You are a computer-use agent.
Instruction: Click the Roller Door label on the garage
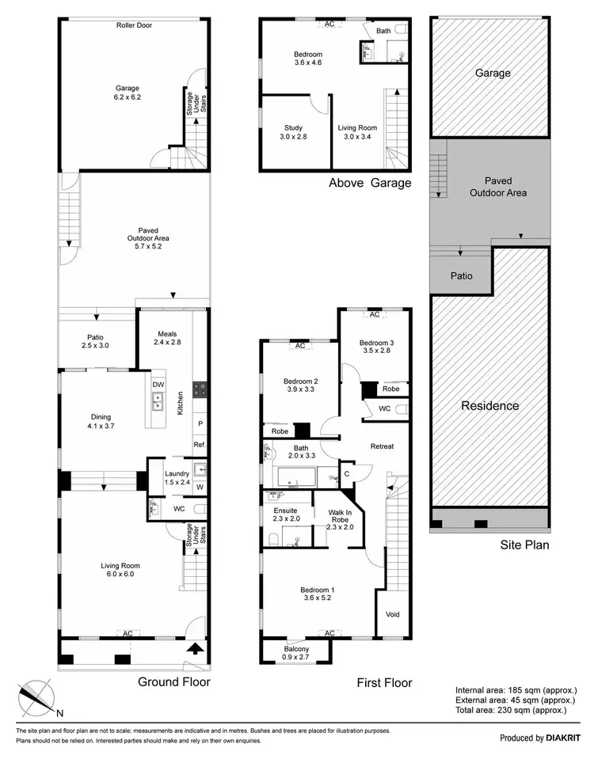(133, 25)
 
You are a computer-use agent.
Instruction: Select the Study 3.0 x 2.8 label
(293, 132)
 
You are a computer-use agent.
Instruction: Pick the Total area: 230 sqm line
(512, 711)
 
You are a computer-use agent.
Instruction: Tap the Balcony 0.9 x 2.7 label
(297, 654)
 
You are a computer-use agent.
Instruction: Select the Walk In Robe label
(340, 518)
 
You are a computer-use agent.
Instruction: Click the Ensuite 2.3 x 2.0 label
(285, 516)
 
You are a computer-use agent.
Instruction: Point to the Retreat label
(382, 446)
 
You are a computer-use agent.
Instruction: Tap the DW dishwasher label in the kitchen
(158, 385)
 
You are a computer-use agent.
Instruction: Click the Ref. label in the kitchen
(200, 446)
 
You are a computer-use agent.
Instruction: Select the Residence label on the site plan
(490, 405)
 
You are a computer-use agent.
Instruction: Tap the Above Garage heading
(370, 184)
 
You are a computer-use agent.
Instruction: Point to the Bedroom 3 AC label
(375, 314)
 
